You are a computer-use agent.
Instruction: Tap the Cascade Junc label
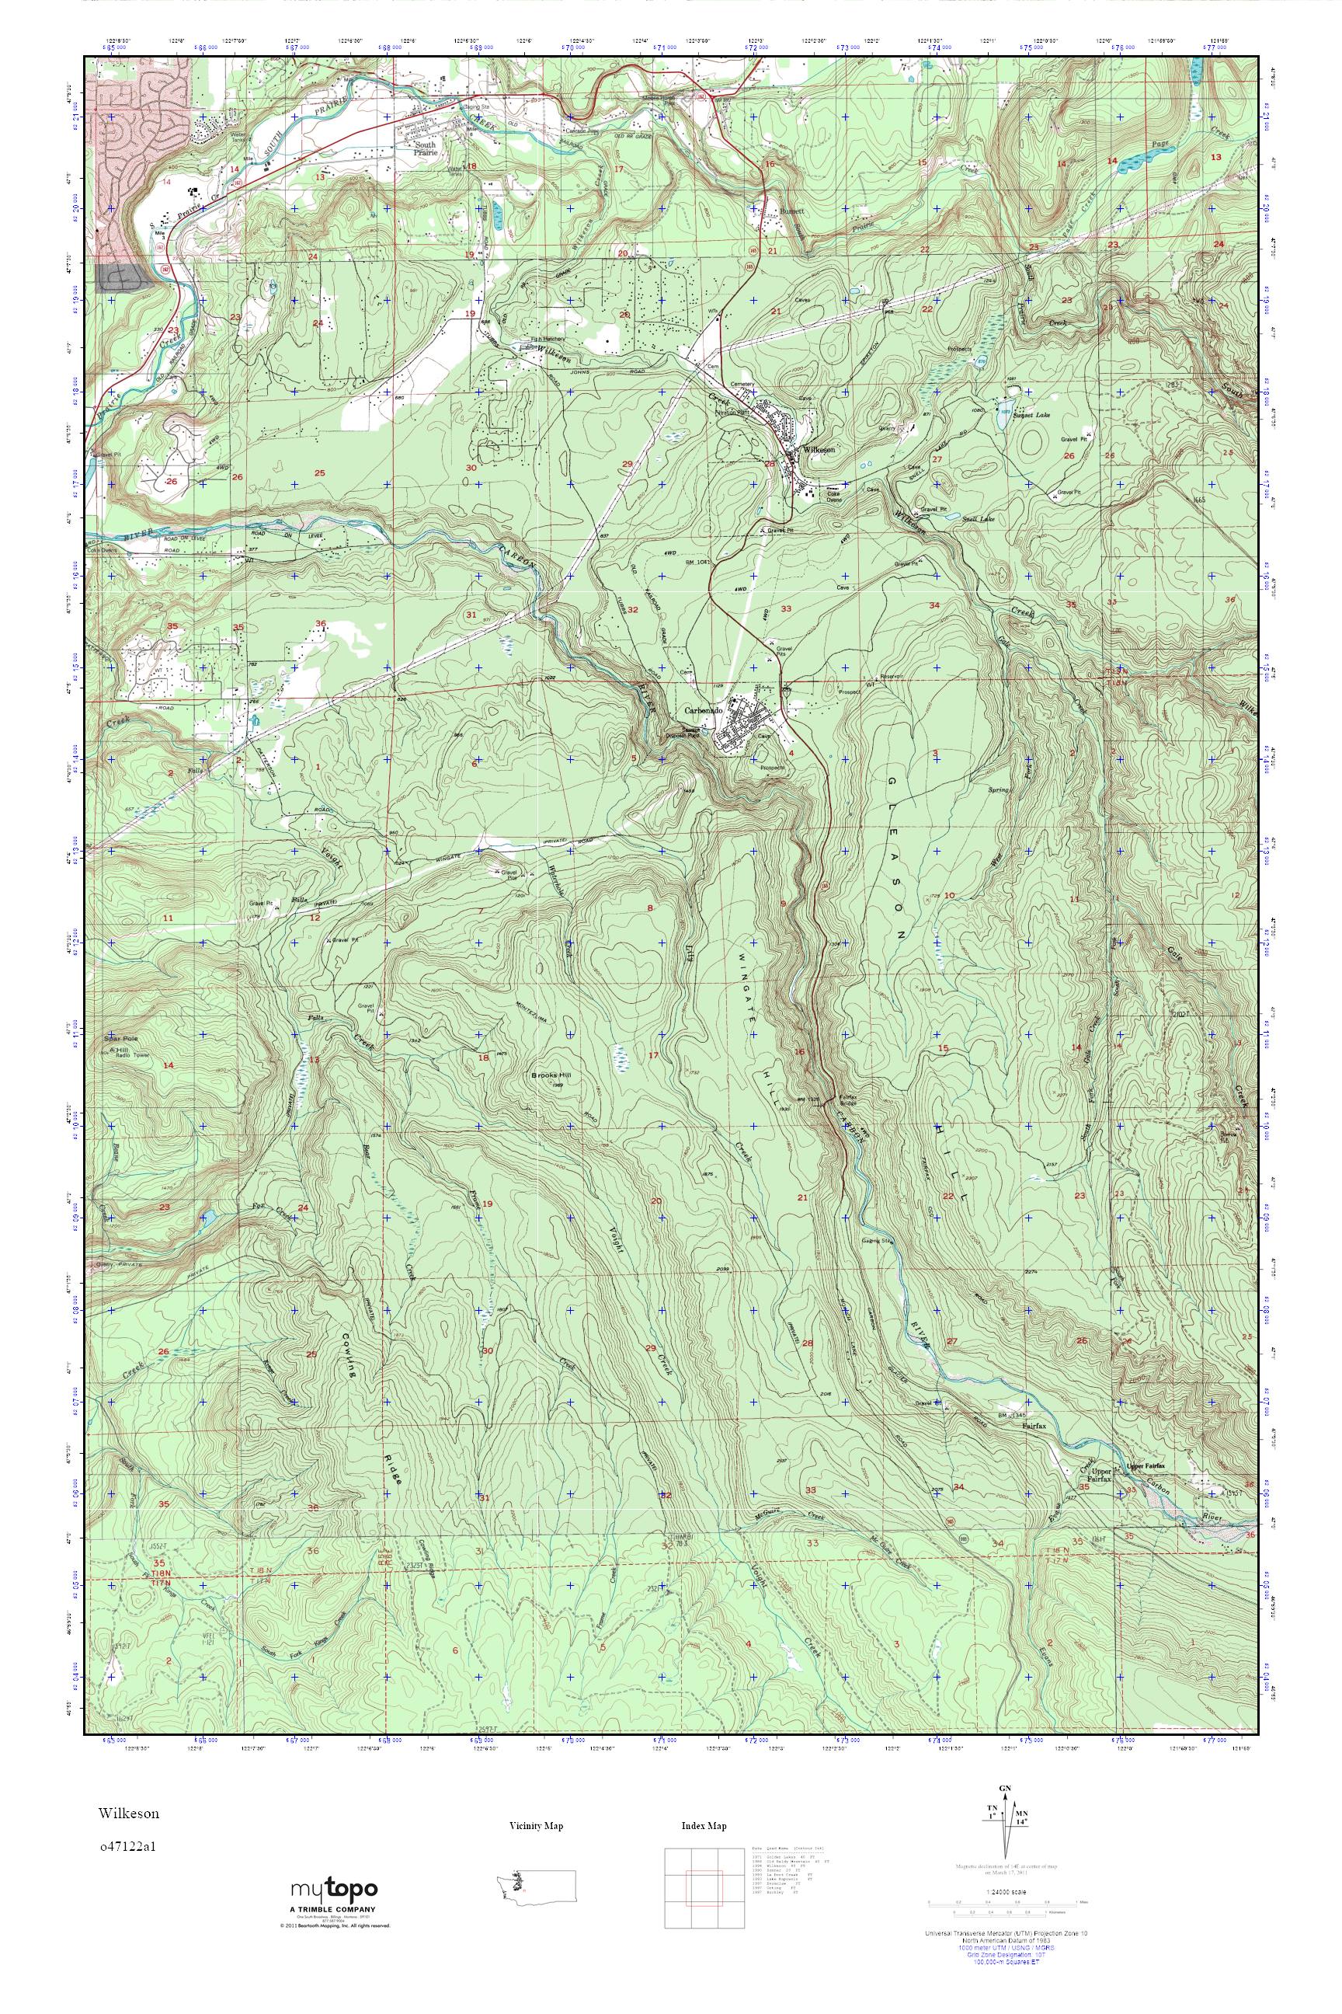pyautogui.click(x=579, y=131)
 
